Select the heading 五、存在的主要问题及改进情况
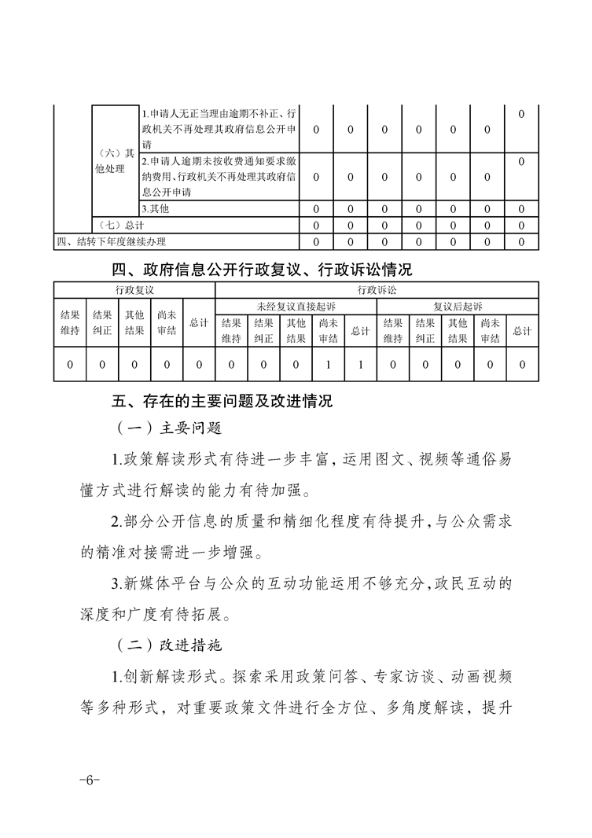(x=222, y=402)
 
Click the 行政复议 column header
(x=134, y=290)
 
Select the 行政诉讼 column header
(x=377, y=290)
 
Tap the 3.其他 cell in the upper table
(x=156, y=209)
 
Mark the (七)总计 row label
(x=114, y=226)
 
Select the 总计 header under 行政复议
(x=199, y=322)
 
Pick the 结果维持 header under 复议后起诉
(x=393, y=331)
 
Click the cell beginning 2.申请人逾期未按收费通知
(x=219, y=176)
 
